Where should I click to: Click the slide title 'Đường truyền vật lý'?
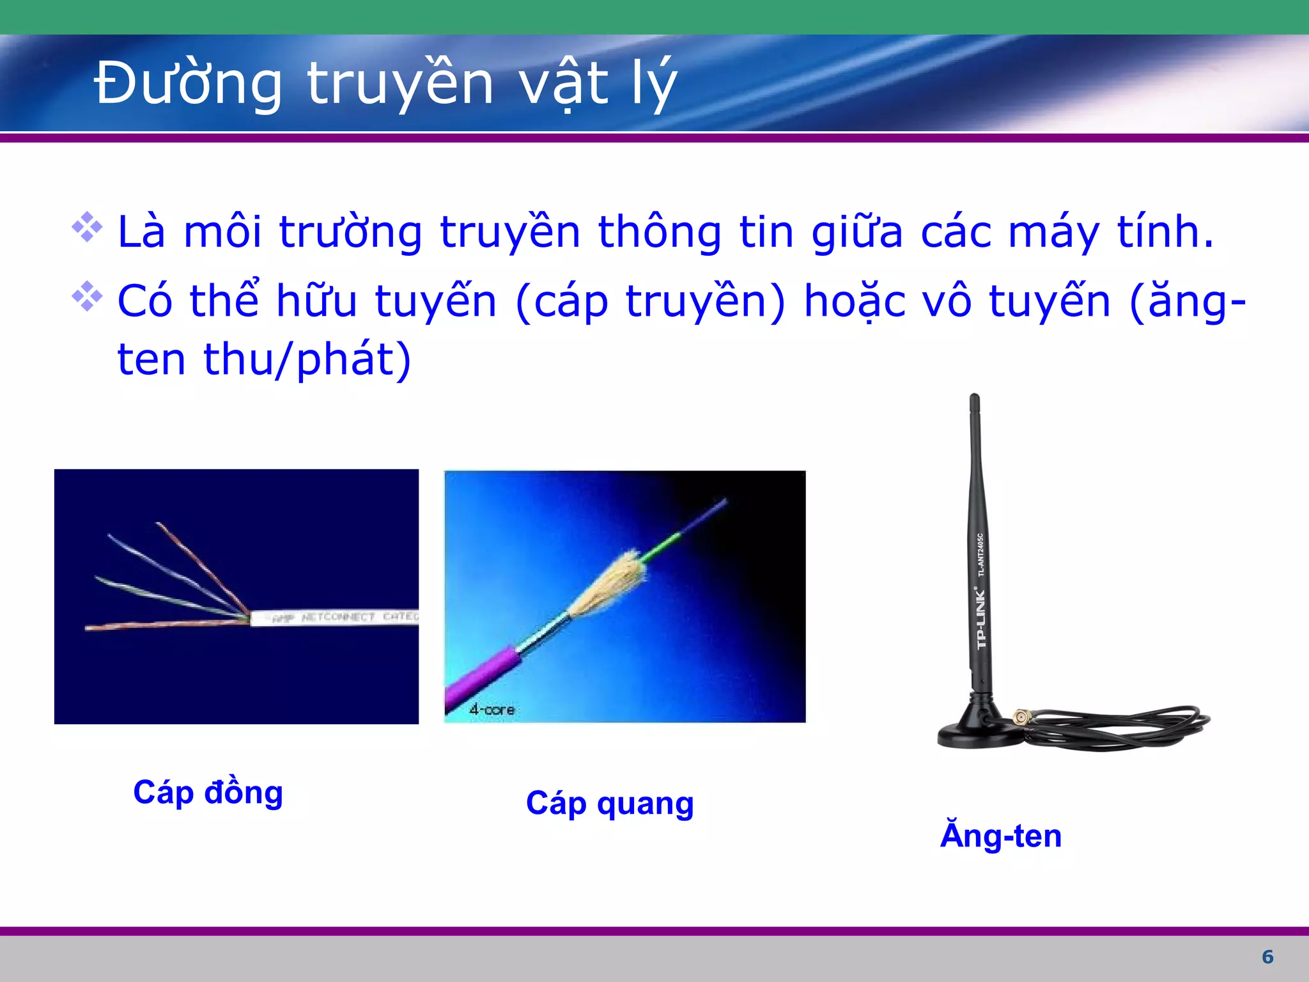tap(385, 83)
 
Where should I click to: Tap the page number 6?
tap(1267, 956)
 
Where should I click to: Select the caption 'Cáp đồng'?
tap(208, 793)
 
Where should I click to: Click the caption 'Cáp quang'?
tap(609, 804)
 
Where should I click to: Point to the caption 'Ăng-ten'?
tap(1001, 836)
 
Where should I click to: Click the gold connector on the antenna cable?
tap(1021, 717)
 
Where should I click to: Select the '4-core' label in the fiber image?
tap(492, 709)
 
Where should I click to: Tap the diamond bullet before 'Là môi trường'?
tap(87, 228)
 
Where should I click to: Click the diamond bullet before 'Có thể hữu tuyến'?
tap(87, 296)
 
